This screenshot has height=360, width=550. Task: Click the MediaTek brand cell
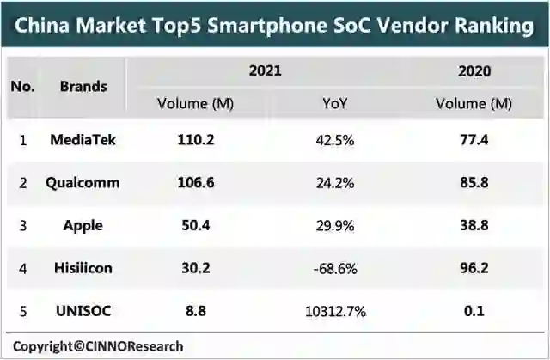pos(83,141)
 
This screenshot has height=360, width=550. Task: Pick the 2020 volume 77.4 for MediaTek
pos(474,141)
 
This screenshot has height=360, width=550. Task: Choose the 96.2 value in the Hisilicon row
pos(474,269)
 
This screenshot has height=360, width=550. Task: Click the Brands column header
pos(83,86)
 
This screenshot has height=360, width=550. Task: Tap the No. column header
pos(22,86)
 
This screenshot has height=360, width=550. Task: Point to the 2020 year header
pos(474,70)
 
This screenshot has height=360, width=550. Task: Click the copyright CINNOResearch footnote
pos(98,346)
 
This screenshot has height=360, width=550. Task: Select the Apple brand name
pos(83,226)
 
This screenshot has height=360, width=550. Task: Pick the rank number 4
pos(22,269)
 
